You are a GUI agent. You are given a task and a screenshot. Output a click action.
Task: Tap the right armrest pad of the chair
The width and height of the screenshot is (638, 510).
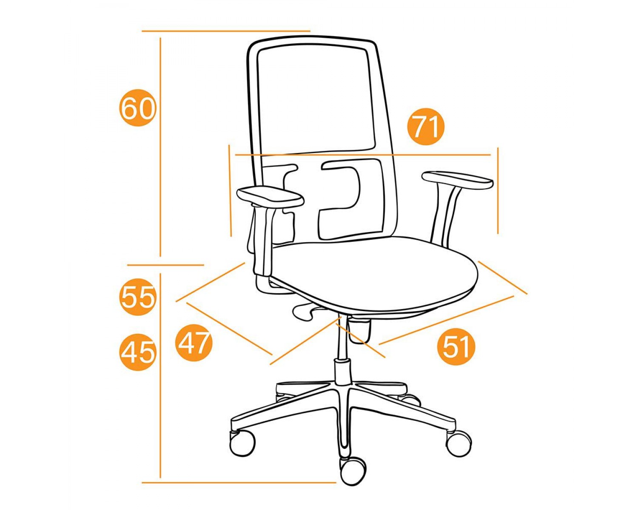tap(458, 180)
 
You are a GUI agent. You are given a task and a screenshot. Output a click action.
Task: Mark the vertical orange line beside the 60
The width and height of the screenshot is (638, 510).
tap(160, 147)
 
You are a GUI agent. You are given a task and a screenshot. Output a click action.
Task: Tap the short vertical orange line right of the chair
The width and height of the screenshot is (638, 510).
tap(498, 190)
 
